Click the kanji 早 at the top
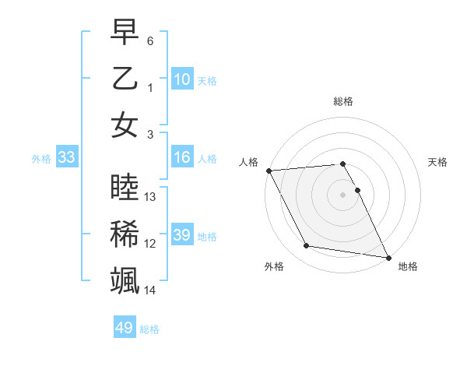125,32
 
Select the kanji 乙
125,79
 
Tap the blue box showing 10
182,79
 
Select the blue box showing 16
182,157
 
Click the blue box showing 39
182,235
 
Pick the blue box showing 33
66,157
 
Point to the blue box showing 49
125,328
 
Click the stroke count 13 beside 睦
151,197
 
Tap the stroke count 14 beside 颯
151,290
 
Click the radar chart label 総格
343,101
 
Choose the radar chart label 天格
438,162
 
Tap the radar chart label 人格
249,162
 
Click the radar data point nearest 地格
388,257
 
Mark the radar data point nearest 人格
269,171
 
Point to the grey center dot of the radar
343,195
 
